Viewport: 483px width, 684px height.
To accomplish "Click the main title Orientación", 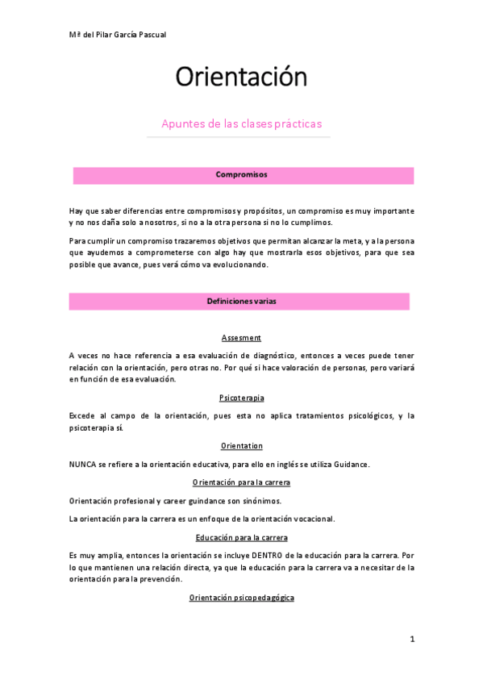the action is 241,77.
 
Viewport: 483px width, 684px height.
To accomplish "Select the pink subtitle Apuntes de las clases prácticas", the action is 241,123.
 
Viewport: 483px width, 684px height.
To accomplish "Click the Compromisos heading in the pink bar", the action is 241,174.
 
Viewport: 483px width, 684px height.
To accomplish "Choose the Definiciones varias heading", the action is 241,300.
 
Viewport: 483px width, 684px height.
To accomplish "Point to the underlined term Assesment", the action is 241,337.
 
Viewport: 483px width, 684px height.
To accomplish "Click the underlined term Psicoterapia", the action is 241,398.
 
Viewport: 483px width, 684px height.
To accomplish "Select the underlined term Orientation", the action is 241,445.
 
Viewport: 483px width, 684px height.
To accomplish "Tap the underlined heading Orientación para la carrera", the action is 241,482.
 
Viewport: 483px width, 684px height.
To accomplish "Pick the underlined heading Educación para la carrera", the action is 241,537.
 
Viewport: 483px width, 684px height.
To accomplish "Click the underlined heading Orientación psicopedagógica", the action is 241,598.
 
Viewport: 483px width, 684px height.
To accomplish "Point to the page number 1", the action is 411,639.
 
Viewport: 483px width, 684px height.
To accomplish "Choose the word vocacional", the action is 310,518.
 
